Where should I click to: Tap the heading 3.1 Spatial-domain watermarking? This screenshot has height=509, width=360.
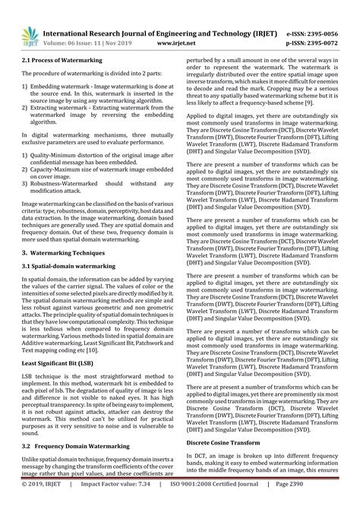point(69,267)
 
